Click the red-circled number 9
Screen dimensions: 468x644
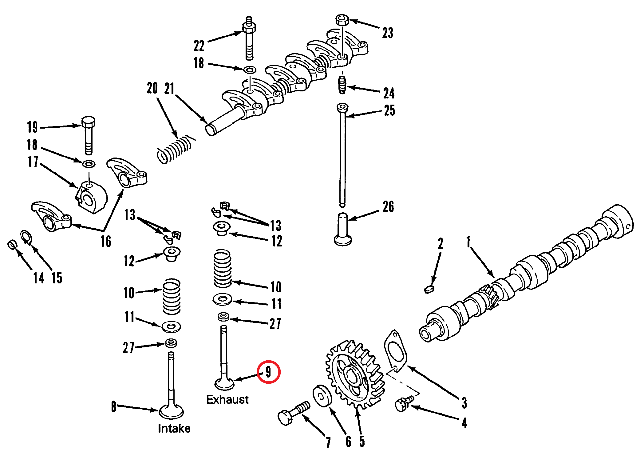coord(268,372)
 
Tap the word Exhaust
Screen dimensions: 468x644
coord(227,399)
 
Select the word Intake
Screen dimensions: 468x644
coord(174,428)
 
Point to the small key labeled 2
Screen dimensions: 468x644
coord(429,289)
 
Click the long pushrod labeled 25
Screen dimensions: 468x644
coord(342,157)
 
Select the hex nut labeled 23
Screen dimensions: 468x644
coord(342,20)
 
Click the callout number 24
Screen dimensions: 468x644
coord(389,93)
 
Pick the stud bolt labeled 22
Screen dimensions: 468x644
coord(249,38)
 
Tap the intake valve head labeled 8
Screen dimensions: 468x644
coord(171,411)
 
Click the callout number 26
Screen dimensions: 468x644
coord(388,206)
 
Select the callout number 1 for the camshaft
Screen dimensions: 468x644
coord(468,242)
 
